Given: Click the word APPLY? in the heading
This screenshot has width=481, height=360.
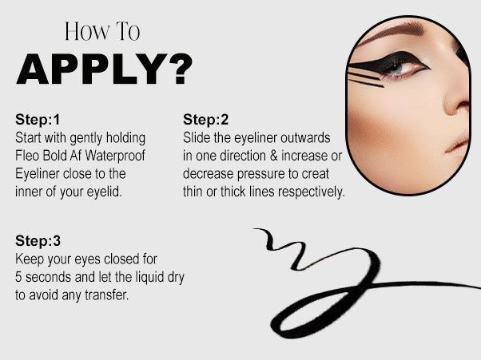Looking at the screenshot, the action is (x=105, y=69).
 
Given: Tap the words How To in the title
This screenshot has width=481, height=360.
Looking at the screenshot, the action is (x=102, y=31).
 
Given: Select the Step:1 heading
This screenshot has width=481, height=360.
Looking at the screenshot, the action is (x=38, y=120).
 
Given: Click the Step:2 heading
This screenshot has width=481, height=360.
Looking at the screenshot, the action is (x=205, y=120).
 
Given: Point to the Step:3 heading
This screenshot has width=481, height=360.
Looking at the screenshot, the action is (x=38, y=241).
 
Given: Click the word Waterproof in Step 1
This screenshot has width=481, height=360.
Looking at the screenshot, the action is (x=115, y=156).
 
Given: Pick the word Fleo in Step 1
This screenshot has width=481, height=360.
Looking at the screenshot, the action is (x=27, y=156).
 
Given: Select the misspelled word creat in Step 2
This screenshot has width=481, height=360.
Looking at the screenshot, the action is (x=315, y=174).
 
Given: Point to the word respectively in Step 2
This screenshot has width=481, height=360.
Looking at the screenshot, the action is (x=312, y=192).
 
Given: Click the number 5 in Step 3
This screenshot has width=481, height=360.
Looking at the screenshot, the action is (x=18, y=277).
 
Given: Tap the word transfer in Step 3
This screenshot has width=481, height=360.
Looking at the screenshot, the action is (x=106, y=295).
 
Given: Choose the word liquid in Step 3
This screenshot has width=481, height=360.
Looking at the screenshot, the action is (x=145, y=278).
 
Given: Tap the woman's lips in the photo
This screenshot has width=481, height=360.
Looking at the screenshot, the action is (x=459, y=141).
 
